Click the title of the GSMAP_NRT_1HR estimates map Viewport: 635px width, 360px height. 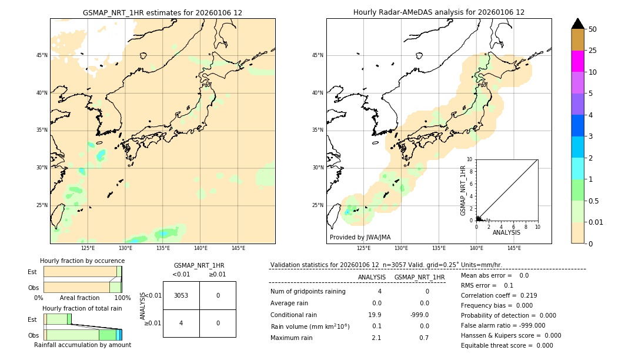tap(162, 12)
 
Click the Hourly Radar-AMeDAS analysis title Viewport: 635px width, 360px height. tap(439, 12)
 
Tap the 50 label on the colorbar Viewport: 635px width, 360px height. tap(593, 29)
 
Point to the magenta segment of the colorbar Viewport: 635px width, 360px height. tap(577, 61)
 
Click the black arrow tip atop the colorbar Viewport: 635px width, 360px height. tap(578, 22)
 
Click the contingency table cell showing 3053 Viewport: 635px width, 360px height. tap(181, 295)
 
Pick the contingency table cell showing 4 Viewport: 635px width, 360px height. tap(181, 323)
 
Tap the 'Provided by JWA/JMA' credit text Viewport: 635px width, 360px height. tap(360, 237)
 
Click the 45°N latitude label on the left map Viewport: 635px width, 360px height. tap(42, 55)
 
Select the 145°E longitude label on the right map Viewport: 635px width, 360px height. tap(514, 248)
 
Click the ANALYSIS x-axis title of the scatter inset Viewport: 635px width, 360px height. tap(506, 232)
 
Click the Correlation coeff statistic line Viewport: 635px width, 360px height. tap(499, 295)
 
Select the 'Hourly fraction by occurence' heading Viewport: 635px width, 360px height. tap(82, 261)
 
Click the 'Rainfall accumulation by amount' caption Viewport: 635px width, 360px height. tap(82, 345)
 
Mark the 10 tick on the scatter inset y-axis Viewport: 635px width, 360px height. tap(470, 159)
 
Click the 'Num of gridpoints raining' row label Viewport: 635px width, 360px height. tap(308, 291)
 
